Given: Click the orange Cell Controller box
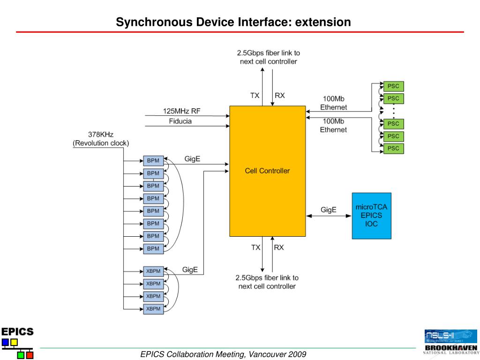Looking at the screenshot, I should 267,171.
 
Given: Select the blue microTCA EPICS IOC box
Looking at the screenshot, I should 371,216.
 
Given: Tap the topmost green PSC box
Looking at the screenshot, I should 393,86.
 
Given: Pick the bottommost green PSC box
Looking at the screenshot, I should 393,149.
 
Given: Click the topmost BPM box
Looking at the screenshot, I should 153,161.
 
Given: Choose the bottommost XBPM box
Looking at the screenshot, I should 153,308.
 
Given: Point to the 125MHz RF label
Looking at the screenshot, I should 182,111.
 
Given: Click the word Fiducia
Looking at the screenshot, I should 180,121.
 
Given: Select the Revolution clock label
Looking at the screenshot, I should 101,143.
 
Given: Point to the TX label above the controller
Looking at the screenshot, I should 255,95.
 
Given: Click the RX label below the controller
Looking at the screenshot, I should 279,247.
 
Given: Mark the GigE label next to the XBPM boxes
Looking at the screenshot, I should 190,270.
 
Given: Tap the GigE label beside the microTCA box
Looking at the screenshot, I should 329,210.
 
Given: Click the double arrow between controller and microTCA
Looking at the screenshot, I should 329,216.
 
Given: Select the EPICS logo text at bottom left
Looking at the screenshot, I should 17,331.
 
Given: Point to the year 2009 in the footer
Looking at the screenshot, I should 297,354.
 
